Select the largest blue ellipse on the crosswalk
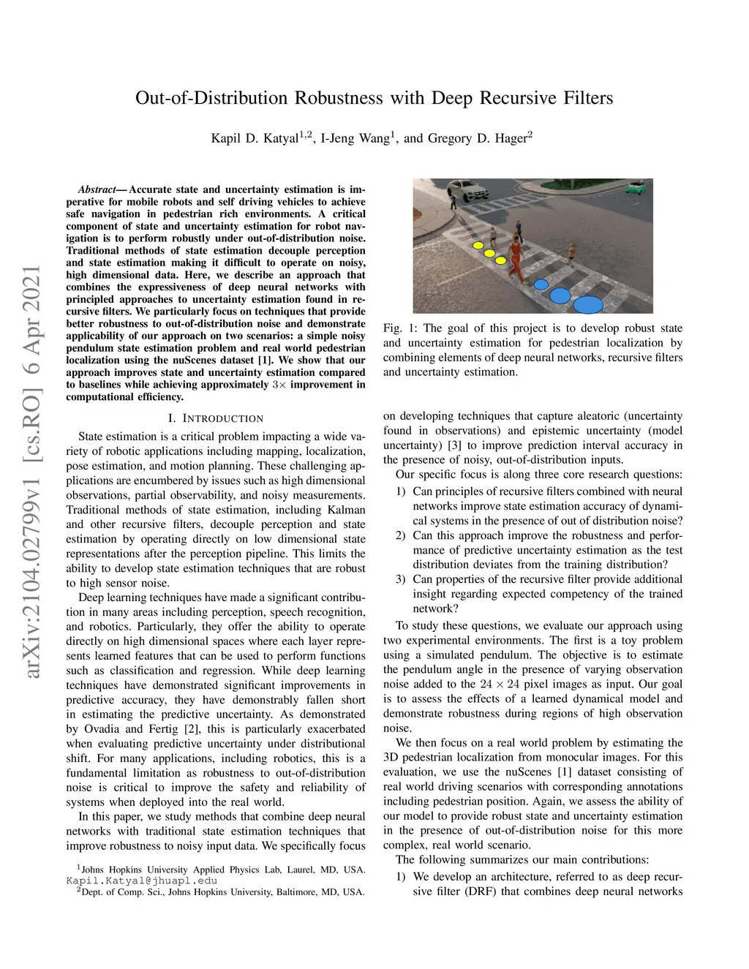587,305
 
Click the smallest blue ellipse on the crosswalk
541,284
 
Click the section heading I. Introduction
216,419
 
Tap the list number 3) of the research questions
400,579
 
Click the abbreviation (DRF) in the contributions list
481,891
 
